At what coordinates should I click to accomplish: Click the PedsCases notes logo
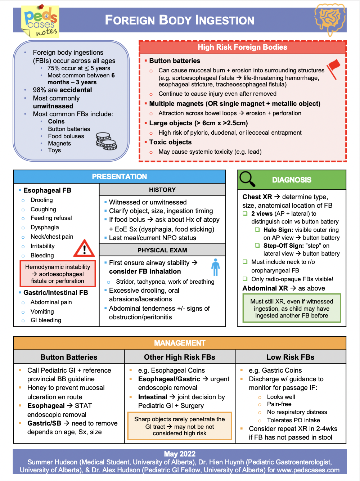pos(40,22)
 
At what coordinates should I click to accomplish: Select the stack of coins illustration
pos(106,141)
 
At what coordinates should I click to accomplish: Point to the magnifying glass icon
pos(247,179)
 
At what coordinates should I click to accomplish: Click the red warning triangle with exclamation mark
pos(84,248)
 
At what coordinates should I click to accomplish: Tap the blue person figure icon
pos(215,267)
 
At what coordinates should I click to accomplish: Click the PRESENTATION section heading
pos(120,177)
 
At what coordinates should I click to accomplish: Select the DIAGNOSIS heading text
pos(292,180)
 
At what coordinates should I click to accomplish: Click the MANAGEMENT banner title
pos(180,343)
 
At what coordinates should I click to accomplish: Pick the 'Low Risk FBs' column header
pos(290,357)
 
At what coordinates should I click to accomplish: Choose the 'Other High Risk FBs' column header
pos(180,357)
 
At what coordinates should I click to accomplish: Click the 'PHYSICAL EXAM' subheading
pos(162,250)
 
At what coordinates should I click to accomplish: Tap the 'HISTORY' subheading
pos(162,190)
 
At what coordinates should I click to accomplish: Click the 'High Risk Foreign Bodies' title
pos(242,47)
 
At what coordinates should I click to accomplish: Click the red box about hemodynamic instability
pos(58,274)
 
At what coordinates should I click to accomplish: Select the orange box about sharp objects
pos(179,426)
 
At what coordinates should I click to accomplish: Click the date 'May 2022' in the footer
pos(180,454)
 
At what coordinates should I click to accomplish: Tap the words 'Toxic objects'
pos(170,142)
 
